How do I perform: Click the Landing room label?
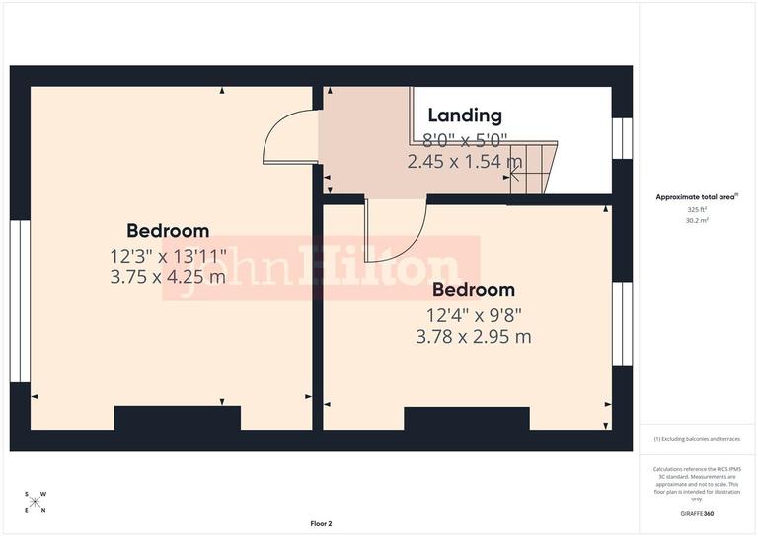464,116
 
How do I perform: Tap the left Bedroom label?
168,231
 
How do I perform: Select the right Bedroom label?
474,290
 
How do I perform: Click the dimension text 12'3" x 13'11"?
168,255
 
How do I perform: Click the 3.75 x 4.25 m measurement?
168,277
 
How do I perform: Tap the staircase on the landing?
535,167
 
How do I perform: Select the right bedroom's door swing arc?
395,229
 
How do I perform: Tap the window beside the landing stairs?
621,138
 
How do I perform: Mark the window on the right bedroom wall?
621,324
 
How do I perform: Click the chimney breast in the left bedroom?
178,419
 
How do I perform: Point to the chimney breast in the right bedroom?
467,419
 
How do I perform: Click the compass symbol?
36,502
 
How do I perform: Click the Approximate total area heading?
698,197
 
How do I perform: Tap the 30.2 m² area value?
698,221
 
